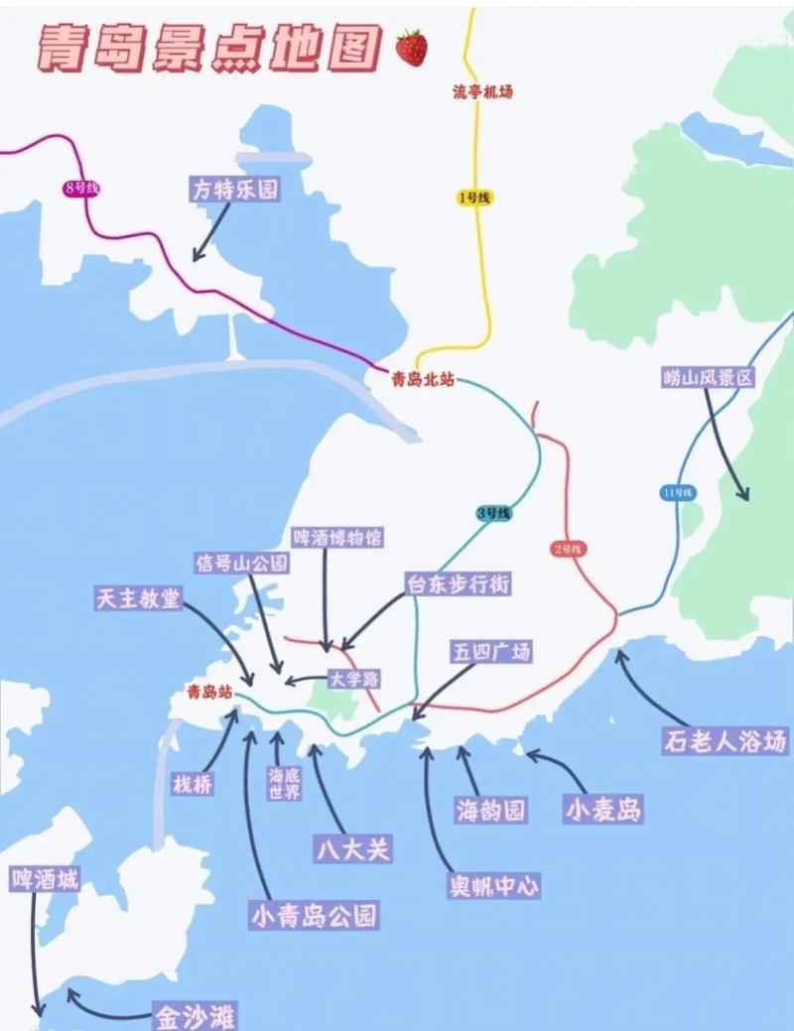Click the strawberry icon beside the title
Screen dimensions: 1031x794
(x=411, y=47)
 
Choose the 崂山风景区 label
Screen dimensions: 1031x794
(x=709, y=378)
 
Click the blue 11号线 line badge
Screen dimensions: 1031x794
(x=677, y=492)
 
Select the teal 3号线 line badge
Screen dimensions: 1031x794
(x=493, y=513)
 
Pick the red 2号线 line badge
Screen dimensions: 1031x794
(x=569, y=548)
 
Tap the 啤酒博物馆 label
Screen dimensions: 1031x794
(x=336, y=538)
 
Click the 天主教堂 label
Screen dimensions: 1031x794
(x=139, y=598)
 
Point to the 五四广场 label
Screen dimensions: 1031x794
(x=491, y=652)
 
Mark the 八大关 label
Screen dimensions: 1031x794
(x=354, y=848)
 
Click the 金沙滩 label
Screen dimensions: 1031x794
(x=195, y=1015)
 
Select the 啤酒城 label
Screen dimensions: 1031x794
(x=45, y=879)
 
